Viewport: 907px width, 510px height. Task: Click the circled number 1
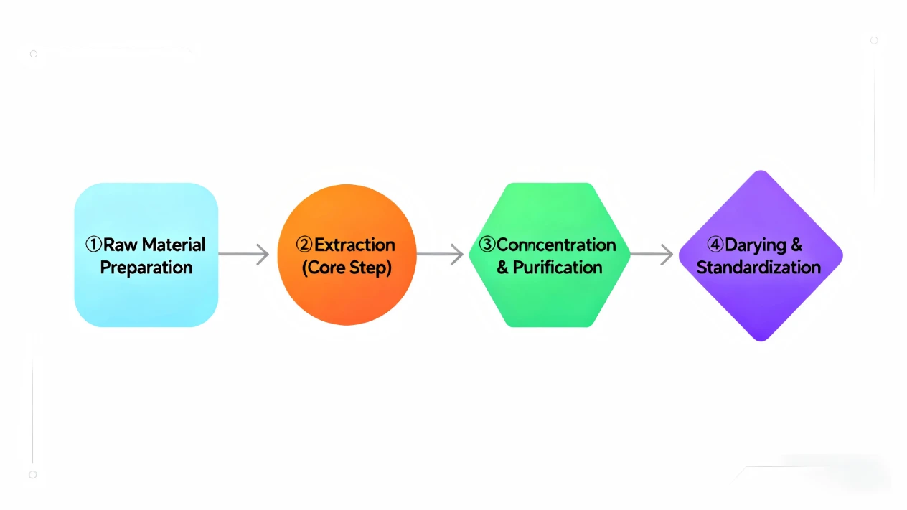tap(93, 245)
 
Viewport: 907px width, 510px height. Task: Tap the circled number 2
tap(304, 245)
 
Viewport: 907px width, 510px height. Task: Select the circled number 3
tap(487, 245)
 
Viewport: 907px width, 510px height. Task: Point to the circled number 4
tap(715, 245)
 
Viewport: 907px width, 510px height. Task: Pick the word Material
tap(174, 245)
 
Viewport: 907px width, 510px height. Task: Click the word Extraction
tap(354, 245)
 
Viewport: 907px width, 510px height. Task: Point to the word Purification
tap(558, 268)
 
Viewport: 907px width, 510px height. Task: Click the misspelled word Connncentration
tap(556, 245)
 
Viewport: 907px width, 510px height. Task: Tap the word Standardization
tap(758, 268)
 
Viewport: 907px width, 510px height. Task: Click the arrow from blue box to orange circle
tap(244, 254)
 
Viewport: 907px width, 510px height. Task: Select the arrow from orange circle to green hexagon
tap(440, 254)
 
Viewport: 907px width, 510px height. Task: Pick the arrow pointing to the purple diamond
tap(652, 254)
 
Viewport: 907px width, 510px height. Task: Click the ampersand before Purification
tap(502, 268)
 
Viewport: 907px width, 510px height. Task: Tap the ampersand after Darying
tap(796, 245)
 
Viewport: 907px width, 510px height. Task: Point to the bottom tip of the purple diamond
tap(761, 341)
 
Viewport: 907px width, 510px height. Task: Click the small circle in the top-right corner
tap(874, 40)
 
